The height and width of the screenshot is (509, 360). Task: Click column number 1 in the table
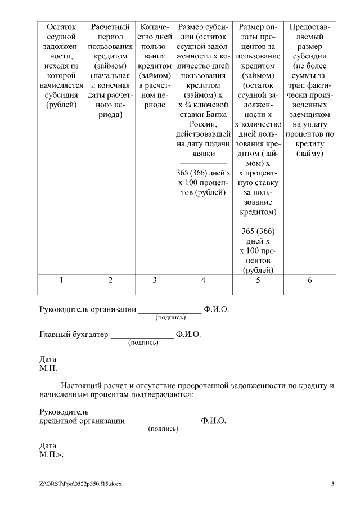[61, 280]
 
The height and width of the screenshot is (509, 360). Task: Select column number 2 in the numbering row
[110, 280]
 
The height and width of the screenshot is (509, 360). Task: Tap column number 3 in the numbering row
[155, 280]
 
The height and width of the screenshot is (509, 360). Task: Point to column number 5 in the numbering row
[258, 280]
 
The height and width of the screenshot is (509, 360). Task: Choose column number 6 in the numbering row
[310, 280]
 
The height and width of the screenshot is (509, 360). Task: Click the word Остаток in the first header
[61, 27]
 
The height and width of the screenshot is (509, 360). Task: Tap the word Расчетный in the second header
[110, 27]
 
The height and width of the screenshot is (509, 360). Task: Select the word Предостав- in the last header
[310, 27]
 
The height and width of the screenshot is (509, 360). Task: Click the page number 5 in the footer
[332, 484]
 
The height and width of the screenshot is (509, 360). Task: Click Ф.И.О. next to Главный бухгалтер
[188, 334]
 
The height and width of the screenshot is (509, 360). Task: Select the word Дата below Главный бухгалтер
[48, 359]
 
